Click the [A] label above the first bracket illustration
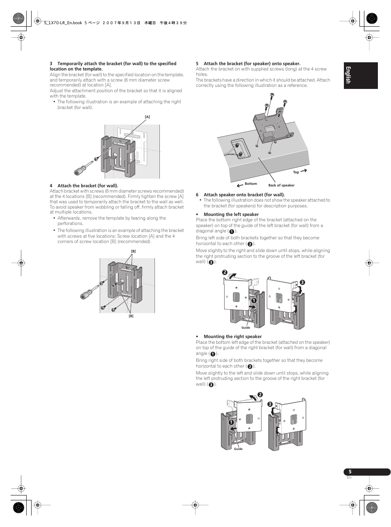(x=147, y=117)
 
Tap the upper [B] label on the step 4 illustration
(x=133, y=251)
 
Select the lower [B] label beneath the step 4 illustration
(x=131, y=316)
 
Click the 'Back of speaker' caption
(x=281, y=185)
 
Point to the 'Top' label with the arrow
(x=296, y=172)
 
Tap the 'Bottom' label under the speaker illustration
(x=251, y=184)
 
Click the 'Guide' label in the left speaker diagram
(x=246, y=327)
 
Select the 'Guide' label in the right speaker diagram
(x=238, y=449)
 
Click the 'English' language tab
(x=348, y=75)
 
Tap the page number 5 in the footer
(x=350, y=472)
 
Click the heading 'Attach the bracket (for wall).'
(x=87, y=186)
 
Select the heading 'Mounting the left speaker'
(x=231, y=214)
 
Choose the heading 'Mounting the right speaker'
(x=232, y=336)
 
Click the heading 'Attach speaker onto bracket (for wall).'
(x=244, y=195)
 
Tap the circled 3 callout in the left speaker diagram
(x=302, y=282)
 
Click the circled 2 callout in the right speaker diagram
(x=260, y=395)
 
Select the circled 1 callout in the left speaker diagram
(x=254, y=300)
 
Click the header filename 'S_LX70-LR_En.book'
(x=63, y=23)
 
